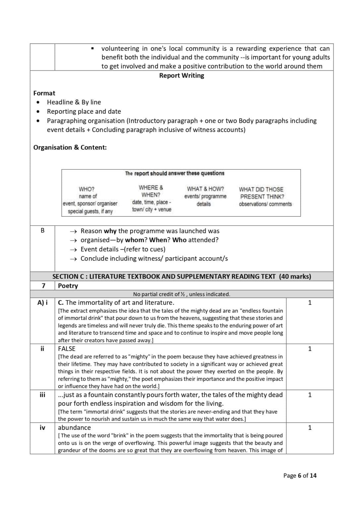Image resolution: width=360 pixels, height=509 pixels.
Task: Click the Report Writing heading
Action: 181,76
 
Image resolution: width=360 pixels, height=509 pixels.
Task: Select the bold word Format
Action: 44,93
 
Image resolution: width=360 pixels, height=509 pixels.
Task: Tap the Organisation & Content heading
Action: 70,147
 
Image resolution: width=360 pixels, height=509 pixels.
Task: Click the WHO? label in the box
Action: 87,189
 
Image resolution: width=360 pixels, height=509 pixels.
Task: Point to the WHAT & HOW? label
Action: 205,189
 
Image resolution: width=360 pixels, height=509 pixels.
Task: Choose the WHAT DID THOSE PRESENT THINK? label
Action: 262,193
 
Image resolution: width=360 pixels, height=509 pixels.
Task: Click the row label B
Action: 42,230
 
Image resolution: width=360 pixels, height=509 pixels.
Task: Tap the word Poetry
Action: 68,286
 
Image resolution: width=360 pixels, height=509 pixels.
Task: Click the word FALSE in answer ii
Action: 67,349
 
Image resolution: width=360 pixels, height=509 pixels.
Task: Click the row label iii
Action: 42,395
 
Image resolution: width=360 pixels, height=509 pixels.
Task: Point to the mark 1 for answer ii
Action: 310,349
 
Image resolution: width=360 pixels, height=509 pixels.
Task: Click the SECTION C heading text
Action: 182,276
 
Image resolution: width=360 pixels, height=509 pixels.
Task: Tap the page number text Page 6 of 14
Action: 300,476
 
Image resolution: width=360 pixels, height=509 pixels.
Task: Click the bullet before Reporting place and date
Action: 39,111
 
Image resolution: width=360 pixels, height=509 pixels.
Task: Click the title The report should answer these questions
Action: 175,173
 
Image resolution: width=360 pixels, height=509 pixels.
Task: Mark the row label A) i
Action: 42,303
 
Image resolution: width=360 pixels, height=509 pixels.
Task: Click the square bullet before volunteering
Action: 93,49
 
